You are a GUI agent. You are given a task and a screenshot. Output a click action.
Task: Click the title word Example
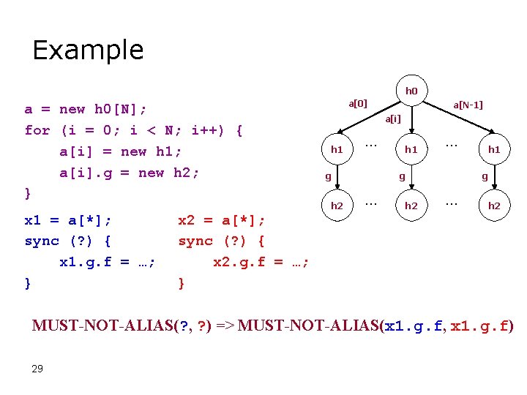pos(88,50)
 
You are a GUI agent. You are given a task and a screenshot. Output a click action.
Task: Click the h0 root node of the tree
pos(411,91)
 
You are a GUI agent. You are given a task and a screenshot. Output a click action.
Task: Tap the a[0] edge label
pos(358,103)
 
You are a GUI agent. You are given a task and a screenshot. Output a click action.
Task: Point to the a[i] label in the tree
pos(394,118)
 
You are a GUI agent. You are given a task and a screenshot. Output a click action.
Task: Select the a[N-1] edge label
pos(468,105)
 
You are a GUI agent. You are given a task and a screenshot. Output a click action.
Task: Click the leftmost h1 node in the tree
pos(337,149)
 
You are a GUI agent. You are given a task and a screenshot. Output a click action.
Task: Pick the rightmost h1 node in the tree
pos(494,149)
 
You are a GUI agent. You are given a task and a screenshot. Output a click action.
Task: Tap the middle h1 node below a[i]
pos(411,149)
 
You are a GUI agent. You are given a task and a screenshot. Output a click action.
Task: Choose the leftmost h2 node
pos(337,206)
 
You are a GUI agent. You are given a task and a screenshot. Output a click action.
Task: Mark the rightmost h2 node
pos(494,206)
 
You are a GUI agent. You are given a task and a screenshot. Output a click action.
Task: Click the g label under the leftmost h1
pos(329,176)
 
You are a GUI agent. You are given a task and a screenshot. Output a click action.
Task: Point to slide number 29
pos(37,368)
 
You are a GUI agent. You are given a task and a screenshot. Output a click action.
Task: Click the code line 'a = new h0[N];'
pos(86,109)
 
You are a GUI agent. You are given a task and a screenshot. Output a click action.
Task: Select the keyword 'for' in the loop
pos(37,131)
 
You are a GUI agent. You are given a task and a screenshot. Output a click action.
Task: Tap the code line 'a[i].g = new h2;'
pos(130,173)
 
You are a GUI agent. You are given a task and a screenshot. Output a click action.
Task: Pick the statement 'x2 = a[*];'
pos(223,219)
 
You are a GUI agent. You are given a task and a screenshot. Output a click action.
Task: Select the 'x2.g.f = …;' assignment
pos(261,262)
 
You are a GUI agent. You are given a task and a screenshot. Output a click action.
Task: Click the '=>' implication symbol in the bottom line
pos(221,326)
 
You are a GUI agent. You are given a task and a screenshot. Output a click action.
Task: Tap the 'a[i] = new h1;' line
pos(120,151)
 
